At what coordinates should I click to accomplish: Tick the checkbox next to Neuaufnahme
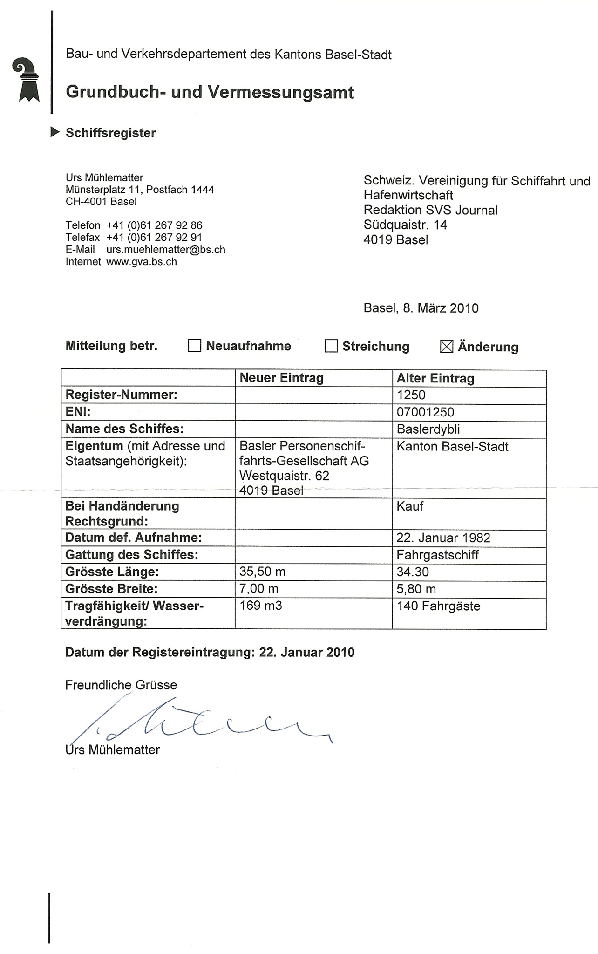(x=194, y=346)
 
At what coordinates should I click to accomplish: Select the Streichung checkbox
(x=331, y=346)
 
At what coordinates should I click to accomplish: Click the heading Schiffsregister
(x=111, y=133)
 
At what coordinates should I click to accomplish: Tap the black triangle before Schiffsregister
(x=55, y=132)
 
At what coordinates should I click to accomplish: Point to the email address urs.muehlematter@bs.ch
(x=166, y=250)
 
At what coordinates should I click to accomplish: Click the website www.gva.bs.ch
(x=142, y=262)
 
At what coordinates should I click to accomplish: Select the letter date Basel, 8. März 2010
(x=421, y=308)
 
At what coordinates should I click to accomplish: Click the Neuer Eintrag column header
(x=281, y=378)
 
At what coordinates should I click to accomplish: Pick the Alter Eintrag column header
(x=435, y=378)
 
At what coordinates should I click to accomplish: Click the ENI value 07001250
(x=425, y=412)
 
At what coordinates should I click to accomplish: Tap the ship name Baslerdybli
(x=428, y=429)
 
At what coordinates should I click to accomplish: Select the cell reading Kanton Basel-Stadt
(x=452, y=447)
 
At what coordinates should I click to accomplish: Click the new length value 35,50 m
(x=262, y=572)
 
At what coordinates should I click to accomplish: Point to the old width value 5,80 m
(x=416, y=589)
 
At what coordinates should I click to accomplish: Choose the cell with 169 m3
(x=261, y=606)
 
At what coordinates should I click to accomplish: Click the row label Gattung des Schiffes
(x=132, y=555)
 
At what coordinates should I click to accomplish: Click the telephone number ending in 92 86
(x=154, y=225)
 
